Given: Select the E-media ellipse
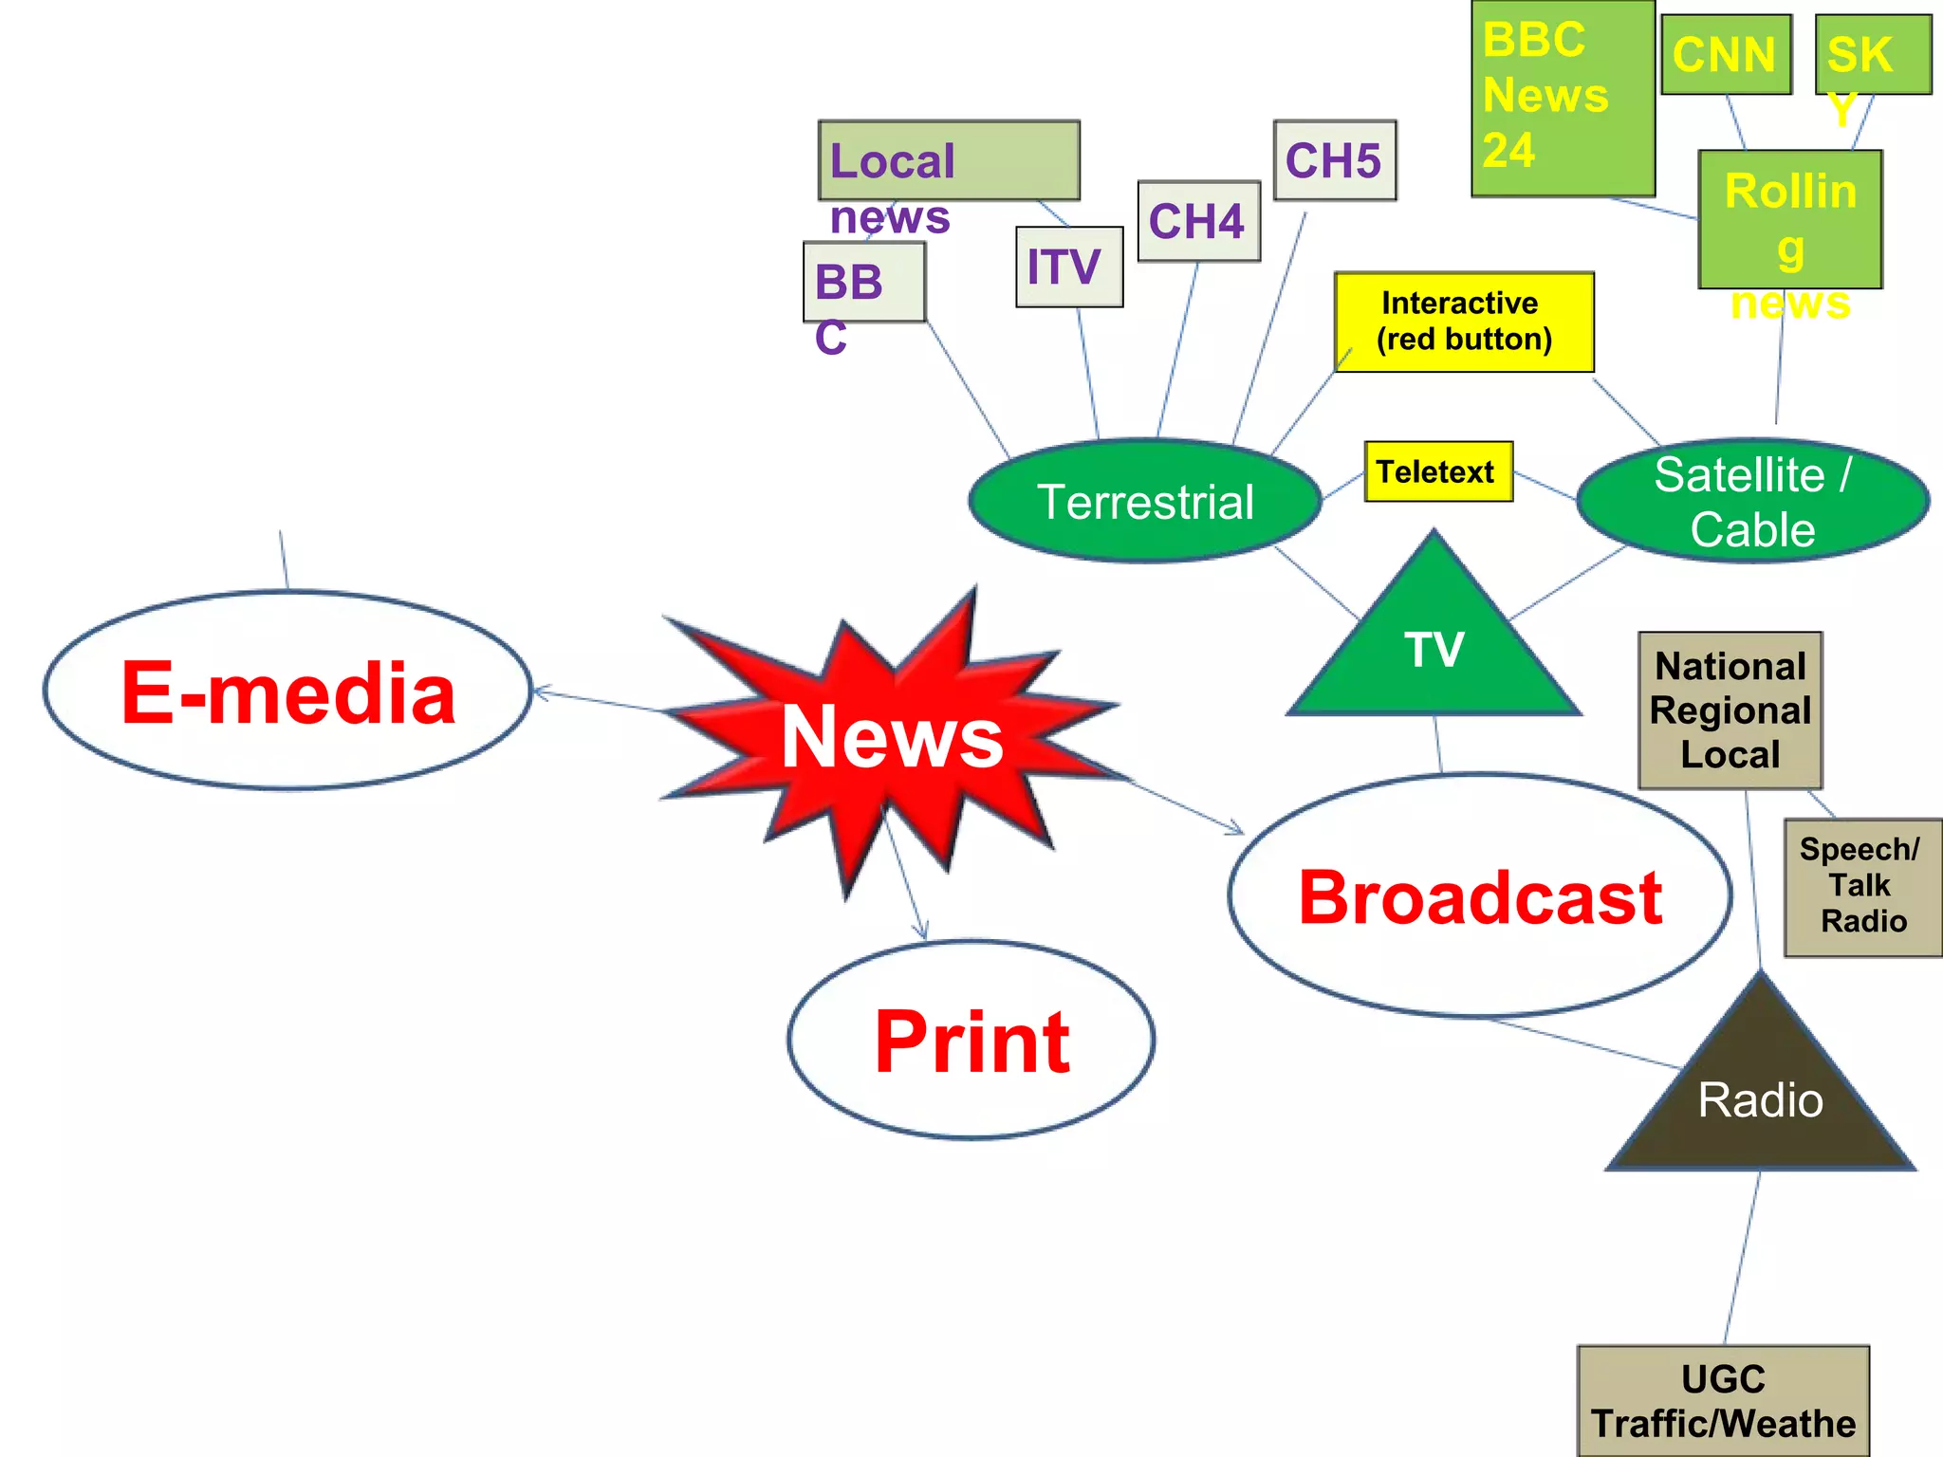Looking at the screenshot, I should pyautogui.click(x=287, y=692).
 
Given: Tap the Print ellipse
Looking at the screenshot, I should pyautogui.click(x=971, y=1041).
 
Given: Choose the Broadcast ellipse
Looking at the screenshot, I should pyautogui.click(x=1480, y=896).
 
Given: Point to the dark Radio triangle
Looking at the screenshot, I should pyautogui.click(x=1760, y=1100).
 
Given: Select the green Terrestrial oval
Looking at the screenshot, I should pyautogui.click(x=1145, y=501).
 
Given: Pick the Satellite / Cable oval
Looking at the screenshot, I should pyautogui.click(x=1752, y=501).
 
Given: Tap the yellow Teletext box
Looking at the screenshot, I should pyautogui.click(x=1438, y=471).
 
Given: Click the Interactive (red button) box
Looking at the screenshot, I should pyautogui.click(x=1464, y=322).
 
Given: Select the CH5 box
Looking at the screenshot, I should pyautogui.click(x=1334, y=160).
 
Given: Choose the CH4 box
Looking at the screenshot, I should pyautogui.click(x=1198, y=221).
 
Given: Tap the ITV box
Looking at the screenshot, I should pyautogui.click(x=1069, y=267).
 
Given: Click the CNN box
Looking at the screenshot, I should pyautogui.click(x=1726, y=54).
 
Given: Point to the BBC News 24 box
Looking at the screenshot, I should pyautogui.click(x=1563, y=98).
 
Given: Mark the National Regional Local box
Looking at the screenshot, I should pyautogui.click(x=1730, y=710).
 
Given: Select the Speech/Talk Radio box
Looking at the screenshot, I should pyautogui.click(x=1862, y=887).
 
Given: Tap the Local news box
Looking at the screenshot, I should pyautogui.click(x=949, y=160).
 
